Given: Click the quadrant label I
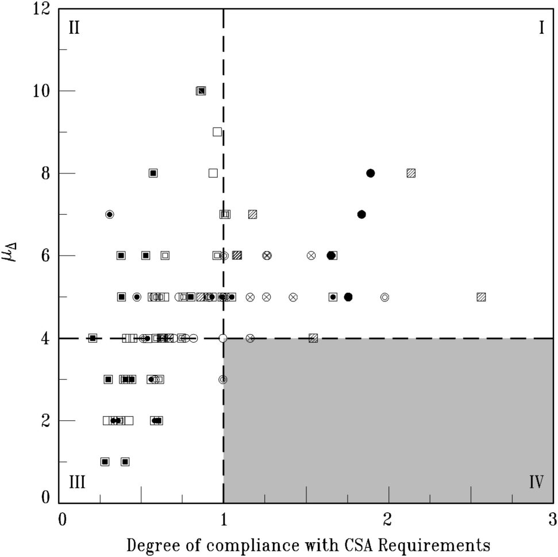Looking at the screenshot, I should click(541, 28).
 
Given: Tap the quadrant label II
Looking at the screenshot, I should click(74, 28).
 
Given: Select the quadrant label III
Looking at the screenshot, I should click(77, 481).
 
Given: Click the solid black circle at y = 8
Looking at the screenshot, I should click(371, 173).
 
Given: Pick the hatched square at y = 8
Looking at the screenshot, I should click(411, 173).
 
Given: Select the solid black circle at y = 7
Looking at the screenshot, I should click(361, 214).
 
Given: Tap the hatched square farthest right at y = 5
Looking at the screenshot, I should click(481, 297).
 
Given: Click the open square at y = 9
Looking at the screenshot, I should click(217, 131).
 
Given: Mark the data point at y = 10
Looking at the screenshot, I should click(201, 91).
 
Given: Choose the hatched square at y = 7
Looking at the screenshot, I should click(252, 214).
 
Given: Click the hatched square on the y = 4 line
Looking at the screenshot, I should click(313, 338).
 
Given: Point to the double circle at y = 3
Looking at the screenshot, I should click(223, 380).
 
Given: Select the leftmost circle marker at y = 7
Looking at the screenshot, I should click(110, 214).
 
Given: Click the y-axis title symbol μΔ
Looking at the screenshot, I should click(21, 254).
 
